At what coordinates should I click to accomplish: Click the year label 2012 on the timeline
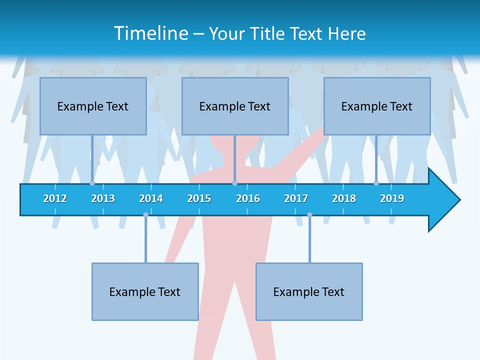point(55,198)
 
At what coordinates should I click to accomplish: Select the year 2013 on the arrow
point(103,198)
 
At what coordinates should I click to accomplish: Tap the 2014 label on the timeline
point(151,198)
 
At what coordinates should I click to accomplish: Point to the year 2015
point(199,198)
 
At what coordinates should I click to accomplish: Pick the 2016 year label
point(248,198)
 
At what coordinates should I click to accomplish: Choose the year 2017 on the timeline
point(296,198)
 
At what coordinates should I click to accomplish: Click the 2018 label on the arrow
point(344,198)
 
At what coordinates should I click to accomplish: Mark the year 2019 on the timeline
point(392,198)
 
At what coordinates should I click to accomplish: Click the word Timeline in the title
point(150,33)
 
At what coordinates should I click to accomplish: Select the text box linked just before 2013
point(93,106)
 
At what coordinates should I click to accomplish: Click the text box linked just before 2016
point(235,106)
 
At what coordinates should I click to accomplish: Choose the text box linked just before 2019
point(377,106)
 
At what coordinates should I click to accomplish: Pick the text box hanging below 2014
point(145,291)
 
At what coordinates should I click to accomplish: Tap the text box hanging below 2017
point(309,291)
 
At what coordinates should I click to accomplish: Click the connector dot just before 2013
point(92,183)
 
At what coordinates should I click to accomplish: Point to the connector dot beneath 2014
point(145,215)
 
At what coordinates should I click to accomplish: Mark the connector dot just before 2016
point(234,183)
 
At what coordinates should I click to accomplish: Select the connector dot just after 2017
point(309,215)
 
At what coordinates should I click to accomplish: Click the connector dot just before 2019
point(376,183)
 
